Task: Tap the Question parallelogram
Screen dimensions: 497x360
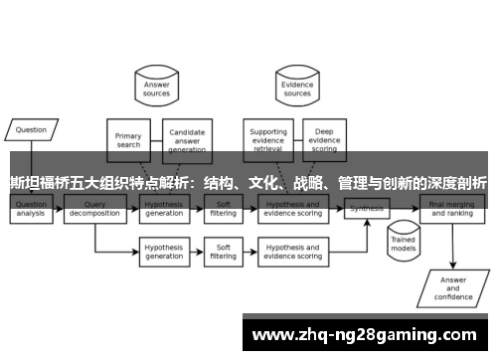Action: [x=32, y=129]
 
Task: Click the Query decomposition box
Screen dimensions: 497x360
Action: [x=94, y=212]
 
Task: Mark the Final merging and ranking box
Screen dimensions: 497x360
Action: [x=451, y=212]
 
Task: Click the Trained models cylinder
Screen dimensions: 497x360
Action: [x=403, y=245]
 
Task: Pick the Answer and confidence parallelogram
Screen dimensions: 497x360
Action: [x=452, y=285]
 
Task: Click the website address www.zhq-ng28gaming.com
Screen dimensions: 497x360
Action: [x=367, y=334]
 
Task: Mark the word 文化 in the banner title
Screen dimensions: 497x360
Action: [x=262, y=184]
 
